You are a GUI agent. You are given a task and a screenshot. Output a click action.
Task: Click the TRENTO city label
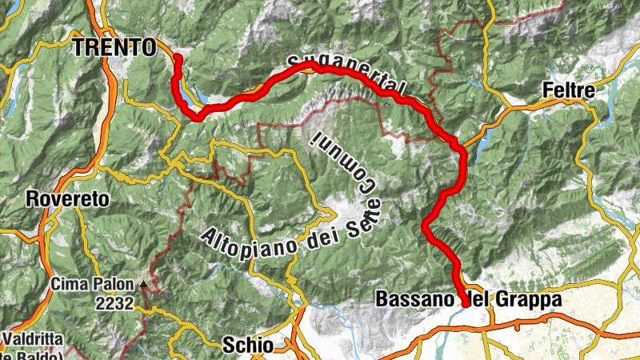pos(114,48)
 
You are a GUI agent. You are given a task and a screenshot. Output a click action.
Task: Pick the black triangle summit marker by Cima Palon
pos(142,283)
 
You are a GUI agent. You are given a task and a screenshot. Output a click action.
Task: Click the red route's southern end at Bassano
pos(466,304)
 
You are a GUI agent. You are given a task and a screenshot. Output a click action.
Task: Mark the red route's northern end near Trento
pos(178,58)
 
